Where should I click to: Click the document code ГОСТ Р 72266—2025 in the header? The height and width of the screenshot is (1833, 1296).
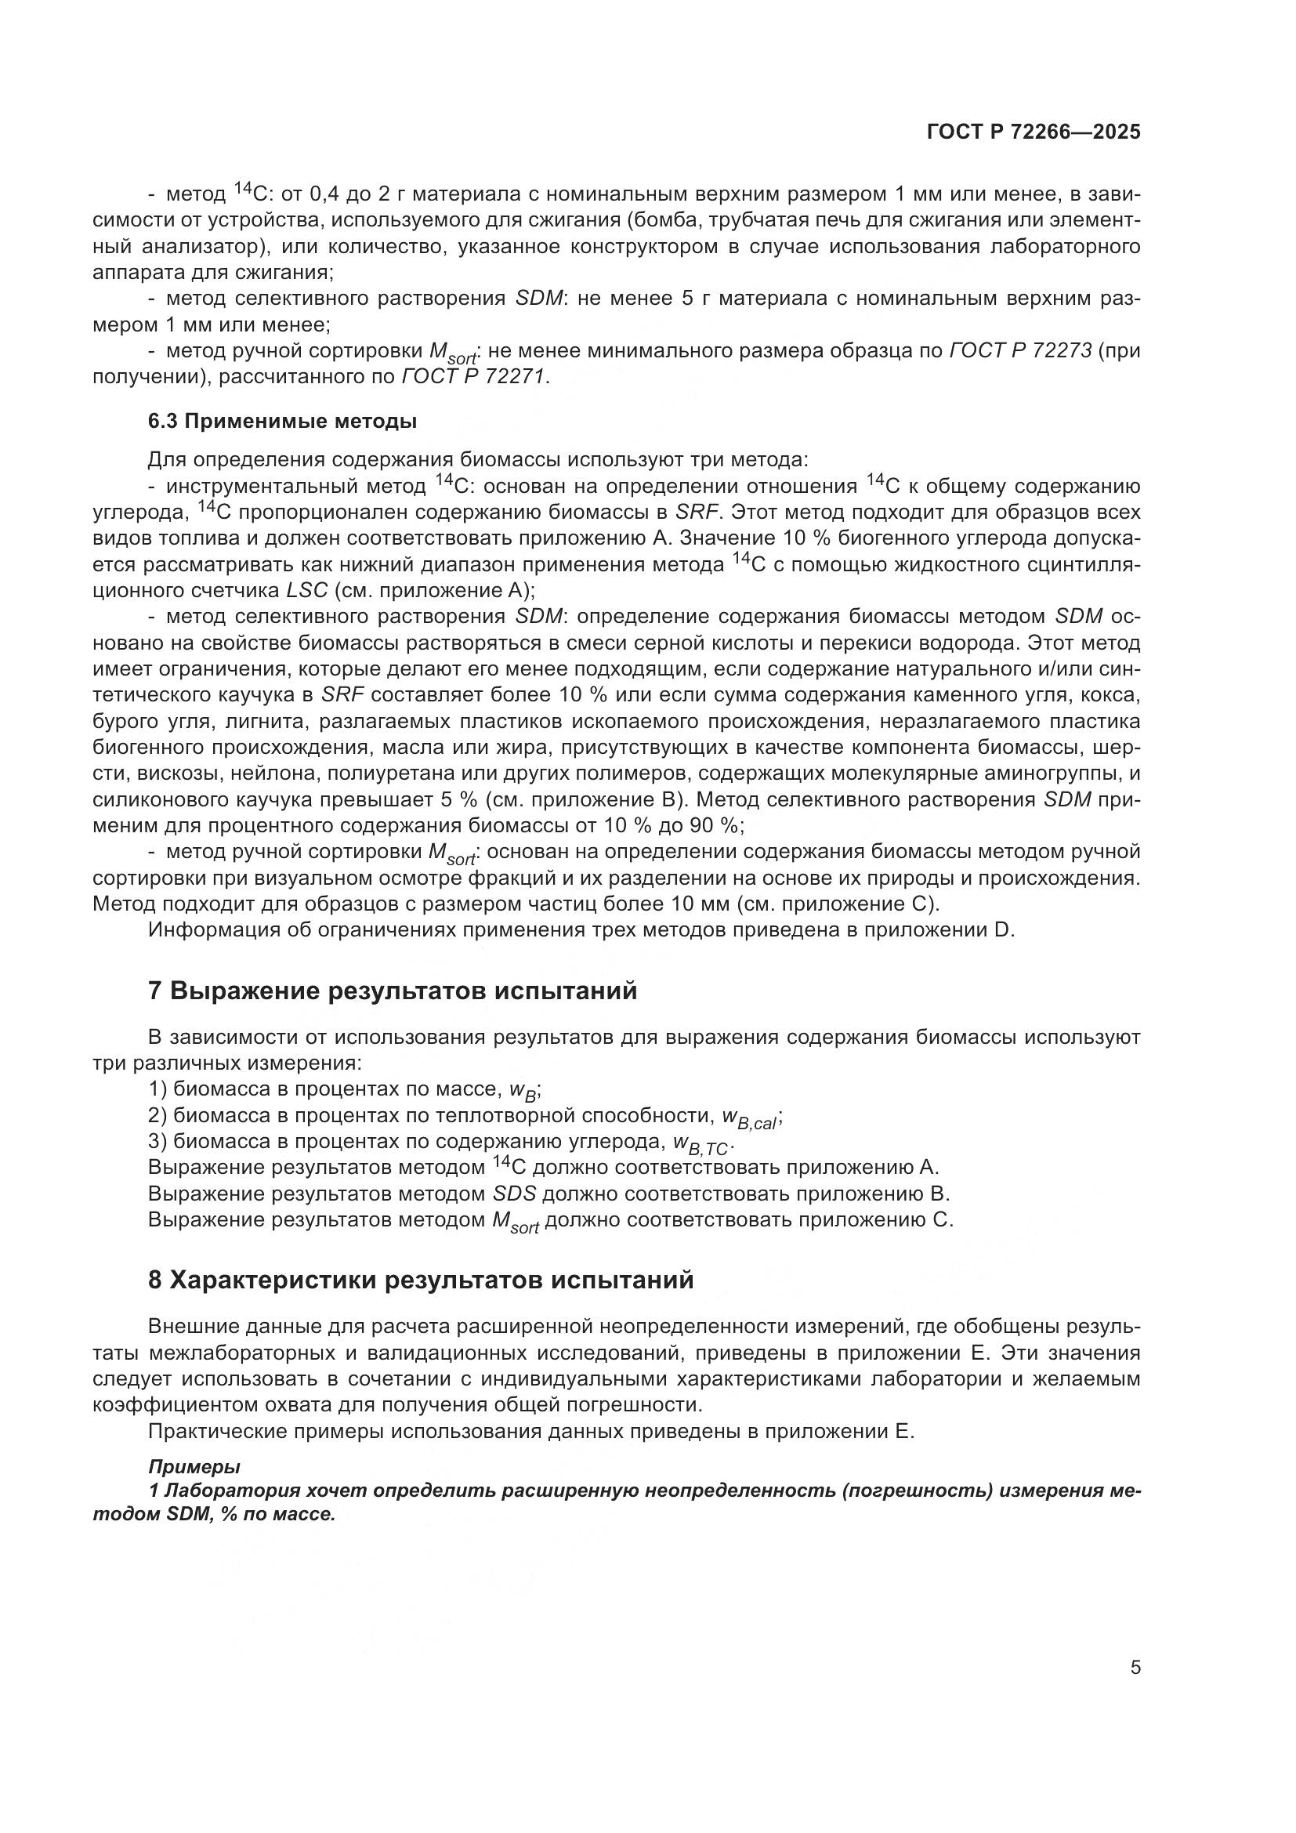[x=1034, y=132]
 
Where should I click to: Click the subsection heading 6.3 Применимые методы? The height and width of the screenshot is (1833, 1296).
[x=283, y=422]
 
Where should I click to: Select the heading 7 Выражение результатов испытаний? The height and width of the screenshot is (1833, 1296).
[x=393, y=991]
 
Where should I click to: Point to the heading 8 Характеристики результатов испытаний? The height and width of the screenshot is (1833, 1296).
[x=421, y=1280]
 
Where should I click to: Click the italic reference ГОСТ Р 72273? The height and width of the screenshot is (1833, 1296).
[x=1021, y=350]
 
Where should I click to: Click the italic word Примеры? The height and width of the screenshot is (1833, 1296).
[x=195, y=1466]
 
